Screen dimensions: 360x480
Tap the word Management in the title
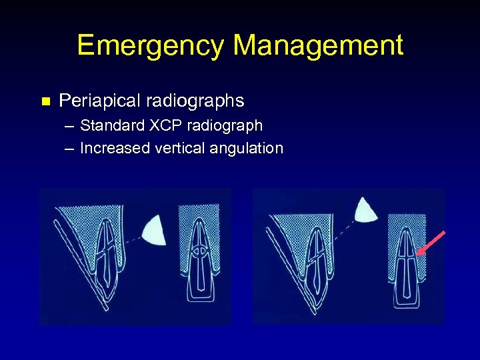coord(319,45)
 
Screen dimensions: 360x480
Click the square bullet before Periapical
coord(45,102)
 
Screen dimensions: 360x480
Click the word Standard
coord(108,125)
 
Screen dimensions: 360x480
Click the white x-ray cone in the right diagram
coord(366,211)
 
